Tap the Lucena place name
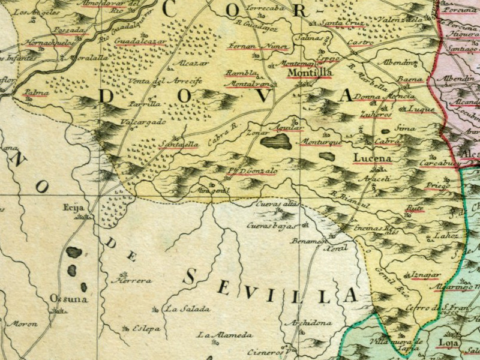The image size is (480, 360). [x=372, y=158]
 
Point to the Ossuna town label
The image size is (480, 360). [x=69, y=298]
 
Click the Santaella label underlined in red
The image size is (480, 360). [x=179, y=144]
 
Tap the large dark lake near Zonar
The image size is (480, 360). [x=276, y=142]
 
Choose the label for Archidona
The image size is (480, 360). [x=309, y=323]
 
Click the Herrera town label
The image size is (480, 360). [x=136, y=280]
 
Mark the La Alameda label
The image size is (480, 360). [x=225, y=335]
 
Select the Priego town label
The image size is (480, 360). [x=437, y=186]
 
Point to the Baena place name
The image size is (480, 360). [x=411, y=79]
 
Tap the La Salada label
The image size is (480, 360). [x=187, y=310]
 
